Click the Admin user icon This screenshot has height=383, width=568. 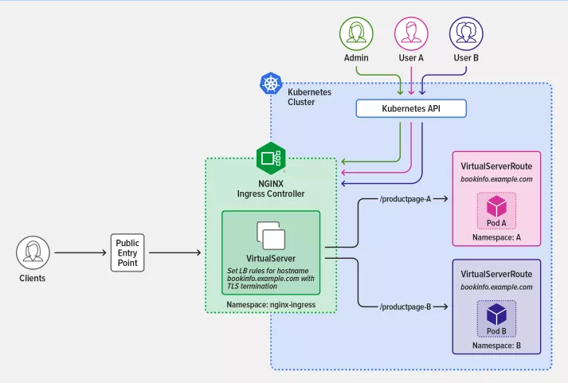pos(356,33)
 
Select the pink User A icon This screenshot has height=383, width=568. pos(411,33)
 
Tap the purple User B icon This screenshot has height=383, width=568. pos(466,33)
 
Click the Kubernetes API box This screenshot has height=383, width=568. pos(411,108)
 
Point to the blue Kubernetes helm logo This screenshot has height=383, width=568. pos(271,84)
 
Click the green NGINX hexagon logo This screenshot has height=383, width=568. pos(271,158)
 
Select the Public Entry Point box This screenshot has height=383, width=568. pos(127,252)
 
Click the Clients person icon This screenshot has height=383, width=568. pos(33,252)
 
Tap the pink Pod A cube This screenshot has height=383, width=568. pos(496,206)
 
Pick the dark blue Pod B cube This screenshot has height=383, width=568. pos(496,315)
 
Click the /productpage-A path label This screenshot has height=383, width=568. pos(405,199)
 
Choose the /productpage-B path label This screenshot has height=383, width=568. pos(405,307)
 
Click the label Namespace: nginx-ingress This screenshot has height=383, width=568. pos(271,305)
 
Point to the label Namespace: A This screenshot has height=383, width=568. pos(496,237)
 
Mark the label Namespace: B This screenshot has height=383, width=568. pos(496,346)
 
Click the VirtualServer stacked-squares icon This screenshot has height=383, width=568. pos(271,236)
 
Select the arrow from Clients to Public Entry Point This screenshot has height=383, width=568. pos(80,252)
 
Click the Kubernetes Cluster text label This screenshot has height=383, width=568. pos(309,97)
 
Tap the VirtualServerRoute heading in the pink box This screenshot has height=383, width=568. pos(496,166)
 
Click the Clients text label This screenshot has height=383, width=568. pos(33,279)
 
